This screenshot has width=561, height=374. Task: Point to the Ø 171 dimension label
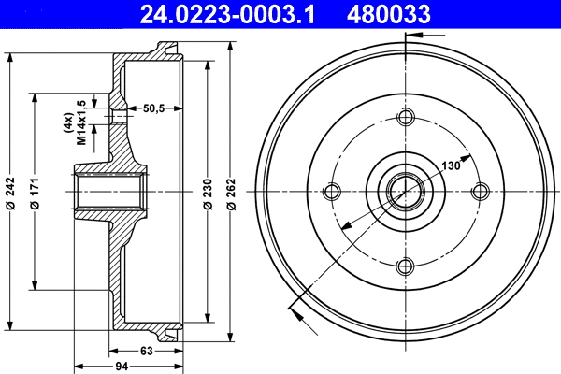tap(35, 192)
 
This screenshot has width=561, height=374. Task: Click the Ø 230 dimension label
tap(208, 192)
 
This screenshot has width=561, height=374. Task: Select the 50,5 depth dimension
tap(153, 108)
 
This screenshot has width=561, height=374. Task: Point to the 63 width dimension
tap(147, 351)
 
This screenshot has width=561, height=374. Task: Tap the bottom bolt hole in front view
tap(405, 266)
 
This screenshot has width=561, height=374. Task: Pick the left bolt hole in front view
tap(330, 192)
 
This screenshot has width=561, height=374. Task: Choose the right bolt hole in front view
tap(480, 192)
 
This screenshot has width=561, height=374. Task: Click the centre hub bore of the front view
tap(405, 192)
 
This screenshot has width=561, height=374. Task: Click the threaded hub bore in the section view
tap(108, 192)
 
